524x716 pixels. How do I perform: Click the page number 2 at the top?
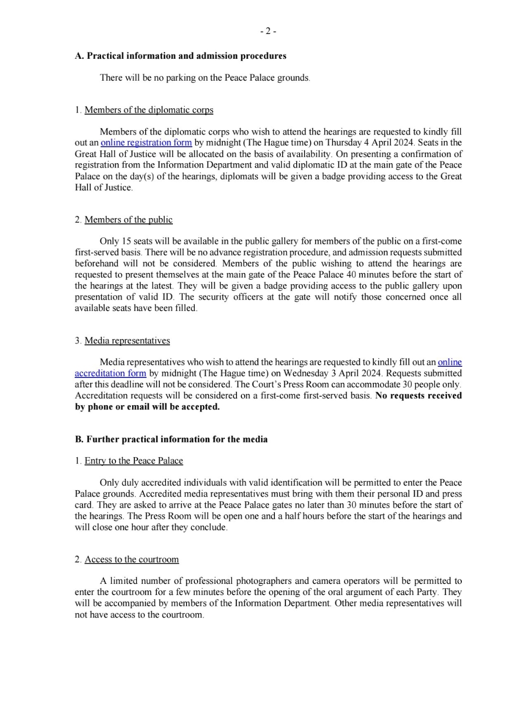point(268,32)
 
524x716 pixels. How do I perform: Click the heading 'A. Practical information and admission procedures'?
point(181,56)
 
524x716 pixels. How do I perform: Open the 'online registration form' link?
point(146,143)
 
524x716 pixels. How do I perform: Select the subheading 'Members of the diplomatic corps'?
point(149,110)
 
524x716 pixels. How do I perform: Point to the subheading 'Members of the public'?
point(128,220)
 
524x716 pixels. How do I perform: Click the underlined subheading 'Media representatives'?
point(127,341)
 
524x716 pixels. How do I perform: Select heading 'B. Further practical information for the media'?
point(171,439)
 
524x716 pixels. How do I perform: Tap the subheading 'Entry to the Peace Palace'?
point(134,461)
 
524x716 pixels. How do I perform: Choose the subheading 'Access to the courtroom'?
point(132,560)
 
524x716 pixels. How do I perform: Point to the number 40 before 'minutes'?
point(351,275)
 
